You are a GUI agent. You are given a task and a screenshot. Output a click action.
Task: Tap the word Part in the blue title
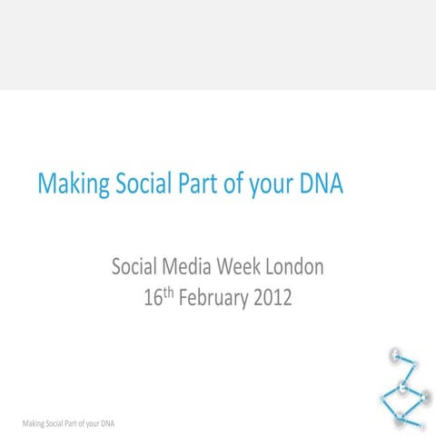click(x=192, y=185)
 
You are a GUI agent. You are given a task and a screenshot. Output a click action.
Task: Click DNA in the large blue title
click(x=323, y=185)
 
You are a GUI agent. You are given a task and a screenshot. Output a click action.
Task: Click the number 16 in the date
click(x=153, y=298)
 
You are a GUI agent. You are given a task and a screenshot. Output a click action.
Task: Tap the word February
click(x=213, y=298)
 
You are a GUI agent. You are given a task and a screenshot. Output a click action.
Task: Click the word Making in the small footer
click(x=35, y=423)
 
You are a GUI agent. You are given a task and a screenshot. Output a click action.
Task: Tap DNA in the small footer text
click(x=106, y=423)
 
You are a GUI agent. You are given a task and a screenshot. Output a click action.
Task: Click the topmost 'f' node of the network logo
click(x=395, y=355)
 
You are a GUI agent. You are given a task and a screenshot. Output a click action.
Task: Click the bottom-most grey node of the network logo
click(x=400, y=418)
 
